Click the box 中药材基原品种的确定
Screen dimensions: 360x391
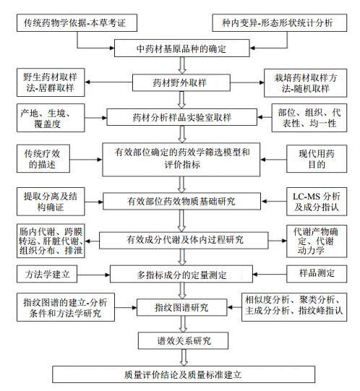pos(182,48)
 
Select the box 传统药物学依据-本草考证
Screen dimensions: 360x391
pos(77,22)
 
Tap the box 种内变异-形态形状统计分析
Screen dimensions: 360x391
pos(280,22)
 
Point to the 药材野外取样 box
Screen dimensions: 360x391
pos(181,82)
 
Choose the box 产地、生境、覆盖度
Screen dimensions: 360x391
pos(51,118)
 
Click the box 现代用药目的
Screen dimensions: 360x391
pos(317,158)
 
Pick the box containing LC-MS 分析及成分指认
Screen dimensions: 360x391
pos(317,202)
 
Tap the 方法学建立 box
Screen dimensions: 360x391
pos(47,274)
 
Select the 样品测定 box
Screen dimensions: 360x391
pos(317,274)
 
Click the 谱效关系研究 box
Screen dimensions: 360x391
pos(183,340)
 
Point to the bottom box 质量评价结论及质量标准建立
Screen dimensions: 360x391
pos(184,374)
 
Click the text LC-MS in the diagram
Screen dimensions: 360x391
pos(306,197)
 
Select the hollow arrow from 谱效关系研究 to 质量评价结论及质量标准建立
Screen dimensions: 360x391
pos(184,357)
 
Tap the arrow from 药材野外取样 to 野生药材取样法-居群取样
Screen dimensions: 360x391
pos(108,82)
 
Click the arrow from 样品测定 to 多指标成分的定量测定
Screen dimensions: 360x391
pos(270,275)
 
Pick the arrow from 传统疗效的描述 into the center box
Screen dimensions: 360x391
pos(86,159)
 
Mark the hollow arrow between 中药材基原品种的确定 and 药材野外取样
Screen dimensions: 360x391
pos(182,65)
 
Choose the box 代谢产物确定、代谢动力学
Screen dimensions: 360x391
pos(317,241)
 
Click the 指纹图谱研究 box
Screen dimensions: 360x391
pos(182,307)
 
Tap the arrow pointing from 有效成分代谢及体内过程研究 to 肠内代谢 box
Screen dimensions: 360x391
pos(92,241)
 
